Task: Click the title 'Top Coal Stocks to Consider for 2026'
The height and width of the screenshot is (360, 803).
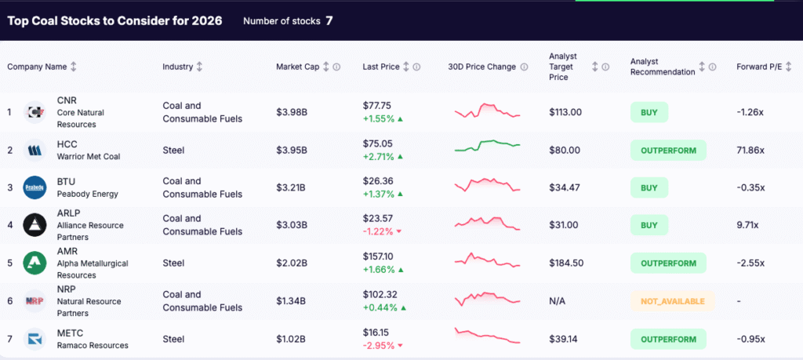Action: (114, 20)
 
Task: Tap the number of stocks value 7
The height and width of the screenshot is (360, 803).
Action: (329, 20)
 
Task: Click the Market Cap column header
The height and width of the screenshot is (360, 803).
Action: (296, 67)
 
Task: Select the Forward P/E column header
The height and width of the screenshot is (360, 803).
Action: (759, 67)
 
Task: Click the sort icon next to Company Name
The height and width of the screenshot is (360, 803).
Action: (74, 67)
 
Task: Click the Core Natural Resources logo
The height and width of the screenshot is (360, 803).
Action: (35, 112)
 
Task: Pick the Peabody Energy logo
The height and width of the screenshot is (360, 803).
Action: (35, 187)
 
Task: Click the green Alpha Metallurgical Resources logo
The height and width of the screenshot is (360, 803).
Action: (35, 263)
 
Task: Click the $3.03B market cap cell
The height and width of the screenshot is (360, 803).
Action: (291, 225)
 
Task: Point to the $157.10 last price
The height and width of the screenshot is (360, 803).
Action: (378, 256)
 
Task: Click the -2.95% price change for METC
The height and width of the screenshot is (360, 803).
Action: (379, 345)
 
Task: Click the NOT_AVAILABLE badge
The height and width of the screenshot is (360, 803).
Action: (672, 300)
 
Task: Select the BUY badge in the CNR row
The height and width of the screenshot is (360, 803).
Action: (649, 112)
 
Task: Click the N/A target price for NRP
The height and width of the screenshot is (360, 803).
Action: (558, 300)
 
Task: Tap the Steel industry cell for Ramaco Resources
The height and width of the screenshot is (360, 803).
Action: (173, 339)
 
